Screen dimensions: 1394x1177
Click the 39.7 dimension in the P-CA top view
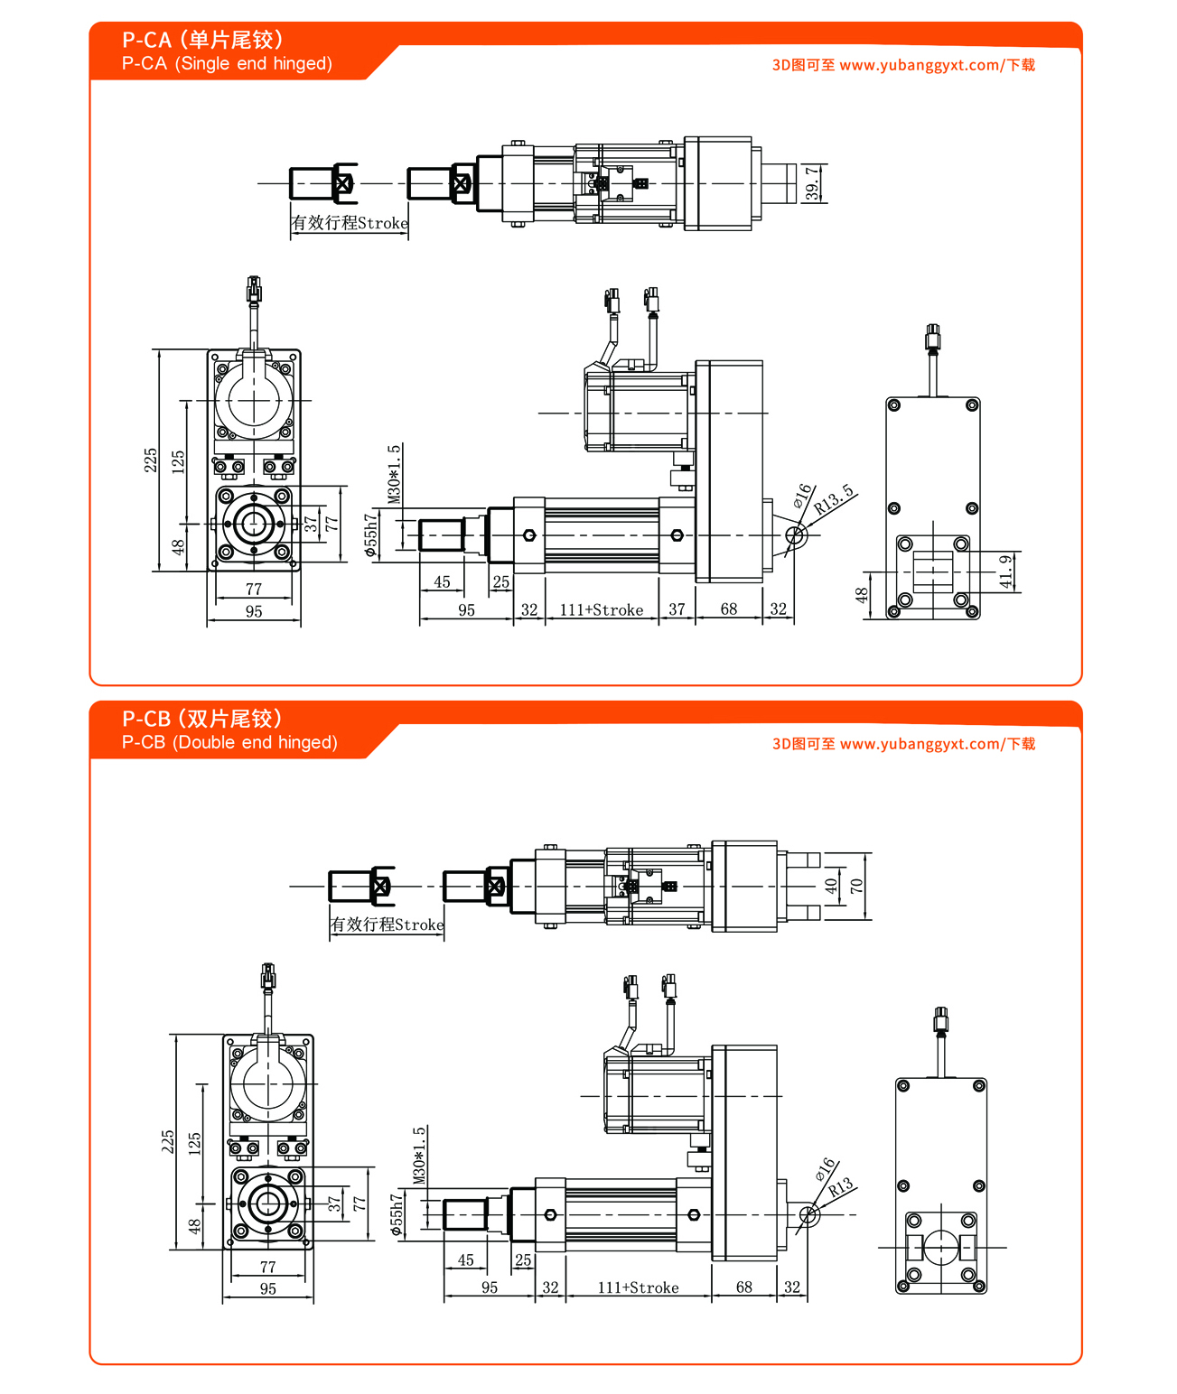coord(813,183)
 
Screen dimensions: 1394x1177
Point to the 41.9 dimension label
coord(1006,572)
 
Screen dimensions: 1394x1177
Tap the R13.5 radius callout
coord(833,499)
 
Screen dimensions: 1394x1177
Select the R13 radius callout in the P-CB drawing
coord(840,1187)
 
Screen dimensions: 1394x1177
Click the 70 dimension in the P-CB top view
coord(856,886)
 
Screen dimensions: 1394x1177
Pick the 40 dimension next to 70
coord(831,886)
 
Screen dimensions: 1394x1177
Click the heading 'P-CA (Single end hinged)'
coord(227,63)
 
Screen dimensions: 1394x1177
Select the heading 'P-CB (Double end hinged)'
coord(229,742)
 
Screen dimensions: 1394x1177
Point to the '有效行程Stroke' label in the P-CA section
coord(350,223)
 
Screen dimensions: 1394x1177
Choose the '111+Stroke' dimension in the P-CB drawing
coord(638,1287)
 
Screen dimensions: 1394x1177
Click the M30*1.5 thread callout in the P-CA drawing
coord(394,474)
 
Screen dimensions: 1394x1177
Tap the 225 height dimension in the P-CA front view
coord(151,460)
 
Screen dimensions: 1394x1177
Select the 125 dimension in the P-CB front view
coord(194,1144)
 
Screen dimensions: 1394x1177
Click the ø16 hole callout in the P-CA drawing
coord(802,495)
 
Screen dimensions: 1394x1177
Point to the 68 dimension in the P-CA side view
coord(729,609)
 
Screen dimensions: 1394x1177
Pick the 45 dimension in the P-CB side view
coord(465,1260)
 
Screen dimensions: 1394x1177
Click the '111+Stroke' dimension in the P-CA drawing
coord(602,610)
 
